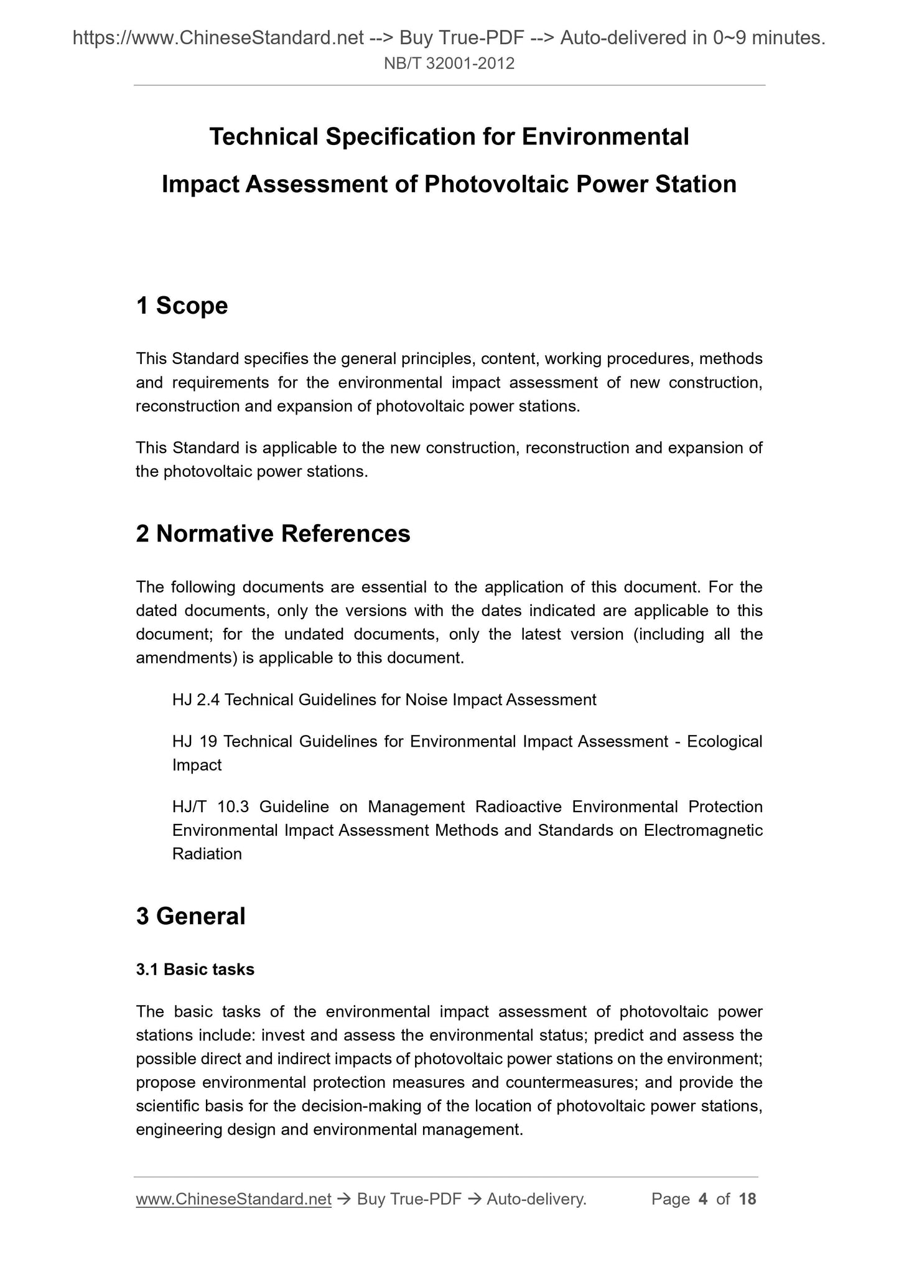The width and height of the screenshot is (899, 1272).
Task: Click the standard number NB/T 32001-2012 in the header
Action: click(449, 63)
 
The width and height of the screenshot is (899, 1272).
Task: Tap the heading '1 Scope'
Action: click(182, 306)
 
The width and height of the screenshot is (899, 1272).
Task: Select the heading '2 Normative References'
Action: click(273, 534)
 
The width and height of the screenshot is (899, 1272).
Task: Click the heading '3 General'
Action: click(190, 916)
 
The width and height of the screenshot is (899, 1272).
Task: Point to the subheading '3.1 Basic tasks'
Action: click(195, 970)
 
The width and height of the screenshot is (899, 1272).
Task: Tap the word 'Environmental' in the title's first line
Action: click(605, 136)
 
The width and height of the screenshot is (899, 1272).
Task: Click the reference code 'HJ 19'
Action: click(193, 742)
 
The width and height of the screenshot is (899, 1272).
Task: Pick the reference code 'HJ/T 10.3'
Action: click(210, 807)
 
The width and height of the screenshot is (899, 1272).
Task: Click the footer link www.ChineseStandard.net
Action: click(233, 1199)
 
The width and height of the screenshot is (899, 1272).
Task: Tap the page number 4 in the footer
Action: click(703, 1199)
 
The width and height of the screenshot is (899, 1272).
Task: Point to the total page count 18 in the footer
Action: click(747, 1199)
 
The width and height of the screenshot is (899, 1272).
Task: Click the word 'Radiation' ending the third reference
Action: click(207, 854)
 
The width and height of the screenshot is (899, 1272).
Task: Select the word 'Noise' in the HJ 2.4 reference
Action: click(426, 700)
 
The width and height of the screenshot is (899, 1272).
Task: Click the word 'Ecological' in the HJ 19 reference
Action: click(724, 742)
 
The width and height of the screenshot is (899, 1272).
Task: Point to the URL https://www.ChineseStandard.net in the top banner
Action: click(218, 39)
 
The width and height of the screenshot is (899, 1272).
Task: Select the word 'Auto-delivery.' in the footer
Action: click(536, 1199)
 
